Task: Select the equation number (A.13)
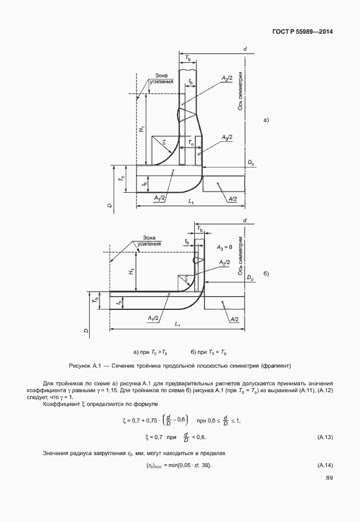(x=325, y=437)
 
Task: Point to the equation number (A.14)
(x=325, y=464)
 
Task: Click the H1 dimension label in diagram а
(x=141, y=130)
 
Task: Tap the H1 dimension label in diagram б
(x=131, y=273)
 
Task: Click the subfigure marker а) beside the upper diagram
(x=265, y=120)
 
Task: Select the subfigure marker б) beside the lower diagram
(x=266, y=274)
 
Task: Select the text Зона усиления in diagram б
(x=150, y=241)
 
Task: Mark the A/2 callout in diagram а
(x=233, y=198)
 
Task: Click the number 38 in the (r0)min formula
(x=206, y=464)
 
